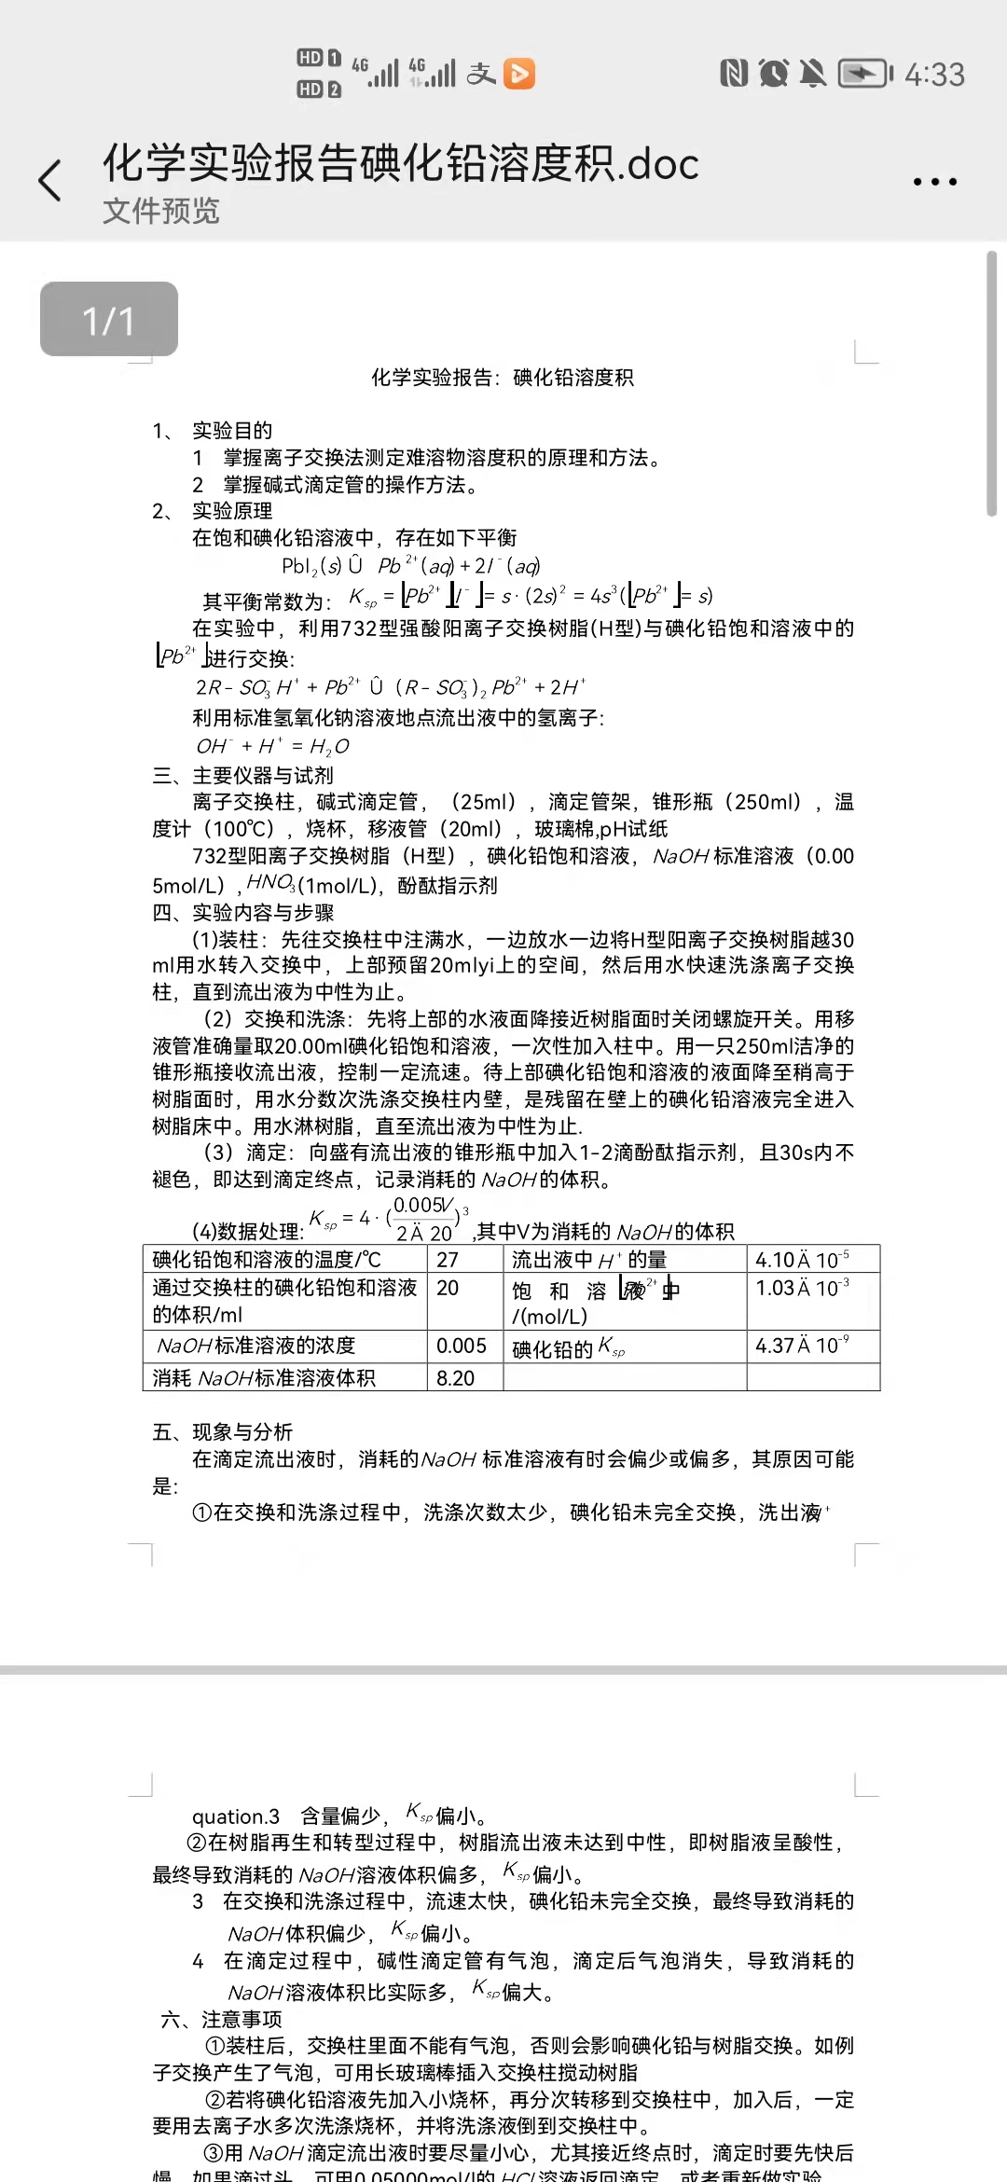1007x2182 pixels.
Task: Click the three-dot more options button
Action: coord(934,182)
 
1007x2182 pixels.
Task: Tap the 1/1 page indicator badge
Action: coord(109,320)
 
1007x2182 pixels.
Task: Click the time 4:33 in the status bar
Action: coord(934,75)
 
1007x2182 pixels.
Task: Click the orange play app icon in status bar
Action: coord(519,74)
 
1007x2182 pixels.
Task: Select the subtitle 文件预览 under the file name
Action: coord(161,211)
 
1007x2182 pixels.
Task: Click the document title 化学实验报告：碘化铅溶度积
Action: coord(503,378)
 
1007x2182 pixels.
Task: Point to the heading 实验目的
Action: coord(232,431)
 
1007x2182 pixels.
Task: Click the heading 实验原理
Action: coord(232,511)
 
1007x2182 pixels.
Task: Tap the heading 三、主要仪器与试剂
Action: coord(242,776)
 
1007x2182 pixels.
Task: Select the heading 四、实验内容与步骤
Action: coord(242,913)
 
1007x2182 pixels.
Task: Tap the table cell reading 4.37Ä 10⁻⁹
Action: coord(802,1346)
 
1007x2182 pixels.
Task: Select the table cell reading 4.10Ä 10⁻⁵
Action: coord(802,1260)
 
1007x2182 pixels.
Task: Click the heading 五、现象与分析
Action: coord(223,1432)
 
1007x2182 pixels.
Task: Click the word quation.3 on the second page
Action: coord(236,1816)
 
